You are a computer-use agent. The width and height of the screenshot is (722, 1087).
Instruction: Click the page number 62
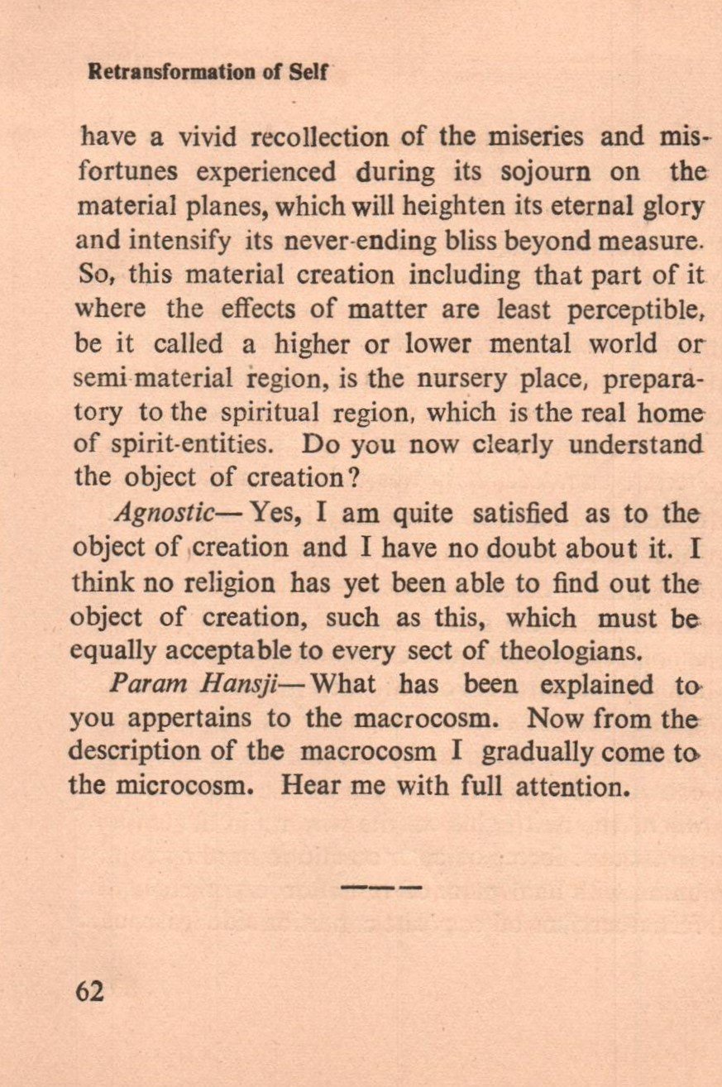pyautogui.click(x=89, y=990)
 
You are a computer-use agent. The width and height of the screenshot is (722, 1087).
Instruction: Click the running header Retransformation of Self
pyautogui.click(x=208, y=72)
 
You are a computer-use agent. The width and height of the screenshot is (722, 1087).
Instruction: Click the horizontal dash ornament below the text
pyautogui.click(x=381, y=887)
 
